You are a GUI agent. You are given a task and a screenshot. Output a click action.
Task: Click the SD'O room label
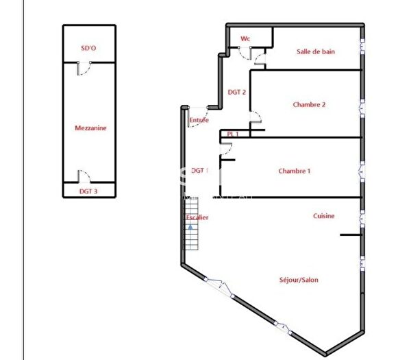click(x=88, y=49)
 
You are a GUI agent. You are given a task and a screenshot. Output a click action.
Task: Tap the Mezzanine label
click(x=90, y=128)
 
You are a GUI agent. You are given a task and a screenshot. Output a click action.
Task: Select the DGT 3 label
click(x=88, y=191)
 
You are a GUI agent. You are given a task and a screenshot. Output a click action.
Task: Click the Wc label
click(x=245, y=39)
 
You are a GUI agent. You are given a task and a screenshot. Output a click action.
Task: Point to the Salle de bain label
click(x=315, y=51)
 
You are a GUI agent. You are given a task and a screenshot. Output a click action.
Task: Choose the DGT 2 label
click(x=237, y=91)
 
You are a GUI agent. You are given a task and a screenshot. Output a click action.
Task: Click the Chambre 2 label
click(x=309, y=105)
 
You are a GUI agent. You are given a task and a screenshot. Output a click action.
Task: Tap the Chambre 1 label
click(x=295, y=171)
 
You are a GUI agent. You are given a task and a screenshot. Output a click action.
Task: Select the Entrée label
click(x=199, y=121)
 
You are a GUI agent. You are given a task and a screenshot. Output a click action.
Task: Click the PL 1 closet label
click(x=233, y=134)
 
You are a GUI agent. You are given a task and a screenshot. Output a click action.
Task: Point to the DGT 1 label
click(x=199, y=170)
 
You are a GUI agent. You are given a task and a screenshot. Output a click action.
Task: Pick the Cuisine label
click(x=324, y=216)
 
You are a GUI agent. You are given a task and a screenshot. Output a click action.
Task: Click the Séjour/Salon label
click(x=299, y=280)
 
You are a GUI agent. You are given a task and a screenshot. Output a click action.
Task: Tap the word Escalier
click(x=197, y=217)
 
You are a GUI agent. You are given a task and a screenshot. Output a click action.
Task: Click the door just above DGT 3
click(x=82, y=176)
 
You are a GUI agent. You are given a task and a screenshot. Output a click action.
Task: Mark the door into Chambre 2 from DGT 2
click(x=256, y=117)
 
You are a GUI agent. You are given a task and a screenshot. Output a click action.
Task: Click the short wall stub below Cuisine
click(x=350, y=235)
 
